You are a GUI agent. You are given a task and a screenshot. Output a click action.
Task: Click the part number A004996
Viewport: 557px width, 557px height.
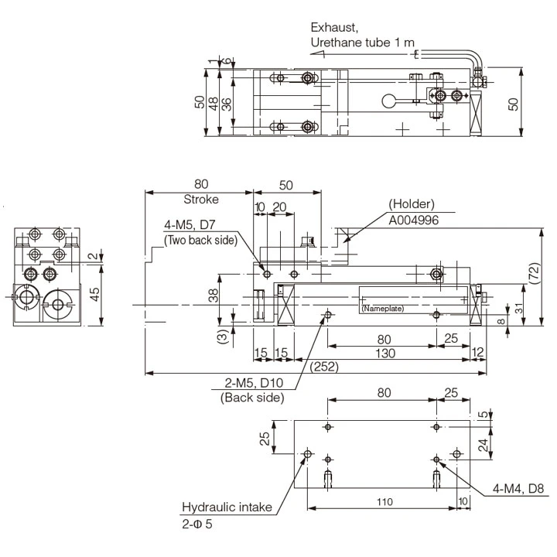pos(415,219)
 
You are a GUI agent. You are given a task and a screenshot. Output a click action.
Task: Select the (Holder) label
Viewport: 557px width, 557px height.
pos(412,204)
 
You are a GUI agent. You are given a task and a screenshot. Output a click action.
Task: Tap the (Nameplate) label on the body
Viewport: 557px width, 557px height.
pos(383,309)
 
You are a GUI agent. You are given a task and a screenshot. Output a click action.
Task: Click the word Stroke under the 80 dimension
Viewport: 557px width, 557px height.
pos(200,198)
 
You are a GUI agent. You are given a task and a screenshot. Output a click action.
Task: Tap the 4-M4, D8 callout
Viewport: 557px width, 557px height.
pos(520,489)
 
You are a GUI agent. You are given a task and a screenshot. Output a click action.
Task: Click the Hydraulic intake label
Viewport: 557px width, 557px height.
pos(227,508)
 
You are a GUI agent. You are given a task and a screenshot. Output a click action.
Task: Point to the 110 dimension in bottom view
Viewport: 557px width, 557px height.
pos(384,502)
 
